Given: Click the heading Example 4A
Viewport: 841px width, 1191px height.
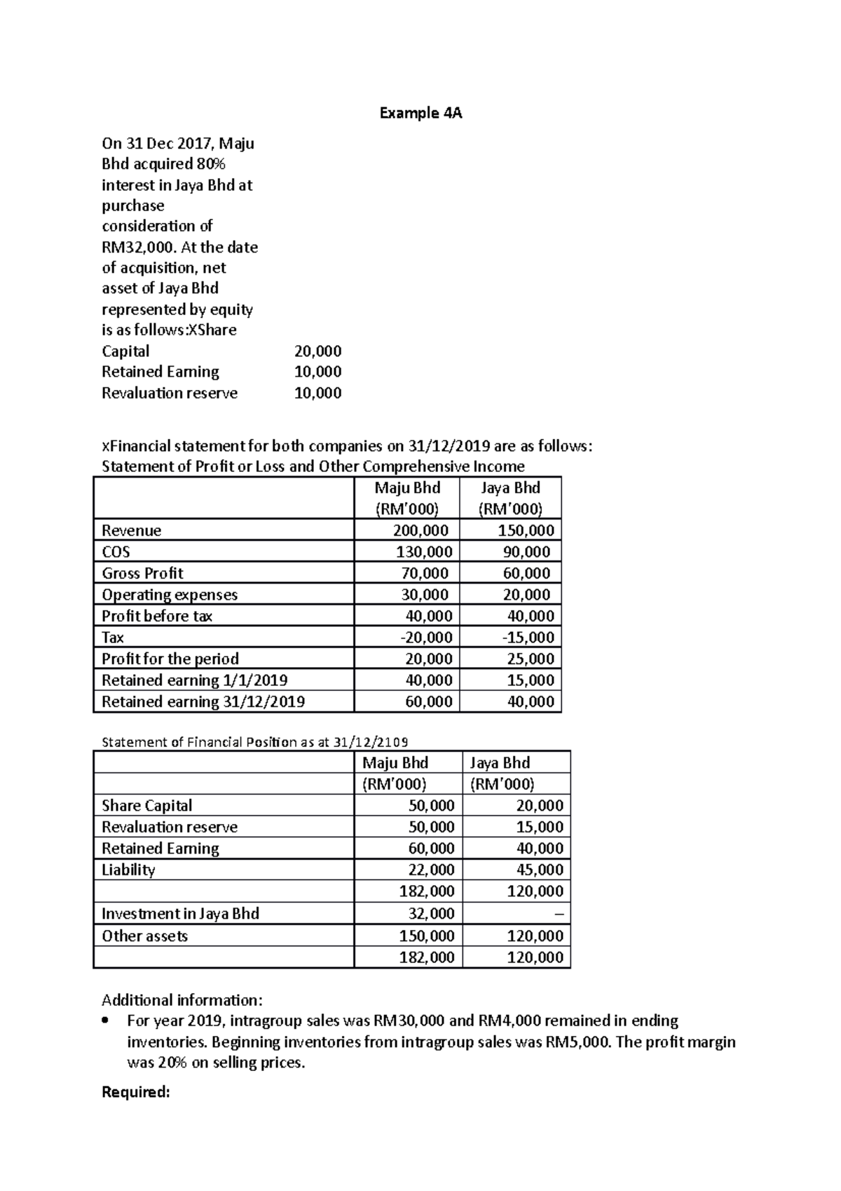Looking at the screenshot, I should (x=420, y=113).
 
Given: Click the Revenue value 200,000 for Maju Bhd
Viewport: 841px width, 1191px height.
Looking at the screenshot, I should (x=420, y=530).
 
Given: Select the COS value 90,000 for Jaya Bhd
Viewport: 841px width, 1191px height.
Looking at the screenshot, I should (x=526, y=552).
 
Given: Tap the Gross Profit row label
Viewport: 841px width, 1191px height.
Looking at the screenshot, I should (x=142, y=573).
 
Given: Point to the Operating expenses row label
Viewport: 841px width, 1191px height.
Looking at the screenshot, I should (x=170, y=595).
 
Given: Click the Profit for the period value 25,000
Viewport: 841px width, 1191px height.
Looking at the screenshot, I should (x=530, y=659).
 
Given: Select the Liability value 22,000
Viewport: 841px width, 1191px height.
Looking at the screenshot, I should (x=431, y=870).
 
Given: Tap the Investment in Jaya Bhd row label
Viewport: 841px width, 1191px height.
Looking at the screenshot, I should (x=180, y=913).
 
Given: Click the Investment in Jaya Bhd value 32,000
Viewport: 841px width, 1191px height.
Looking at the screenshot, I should (x=431, y=913).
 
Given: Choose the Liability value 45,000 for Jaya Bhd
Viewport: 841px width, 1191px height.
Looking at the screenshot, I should (x=539, y=870).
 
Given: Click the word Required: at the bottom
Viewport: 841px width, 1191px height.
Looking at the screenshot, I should (x=136, y=1092).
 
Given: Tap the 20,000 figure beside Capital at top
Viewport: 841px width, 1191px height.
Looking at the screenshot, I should (x=317, y=351).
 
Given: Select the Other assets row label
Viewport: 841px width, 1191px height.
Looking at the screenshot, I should (x=144, y=936).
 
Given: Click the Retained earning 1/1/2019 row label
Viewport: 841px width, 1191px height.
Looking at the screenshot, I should (x=194, y=680).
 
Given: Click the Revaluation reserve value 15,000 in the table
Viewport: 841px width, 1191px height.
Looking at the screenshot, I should (x=539, y=827).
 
